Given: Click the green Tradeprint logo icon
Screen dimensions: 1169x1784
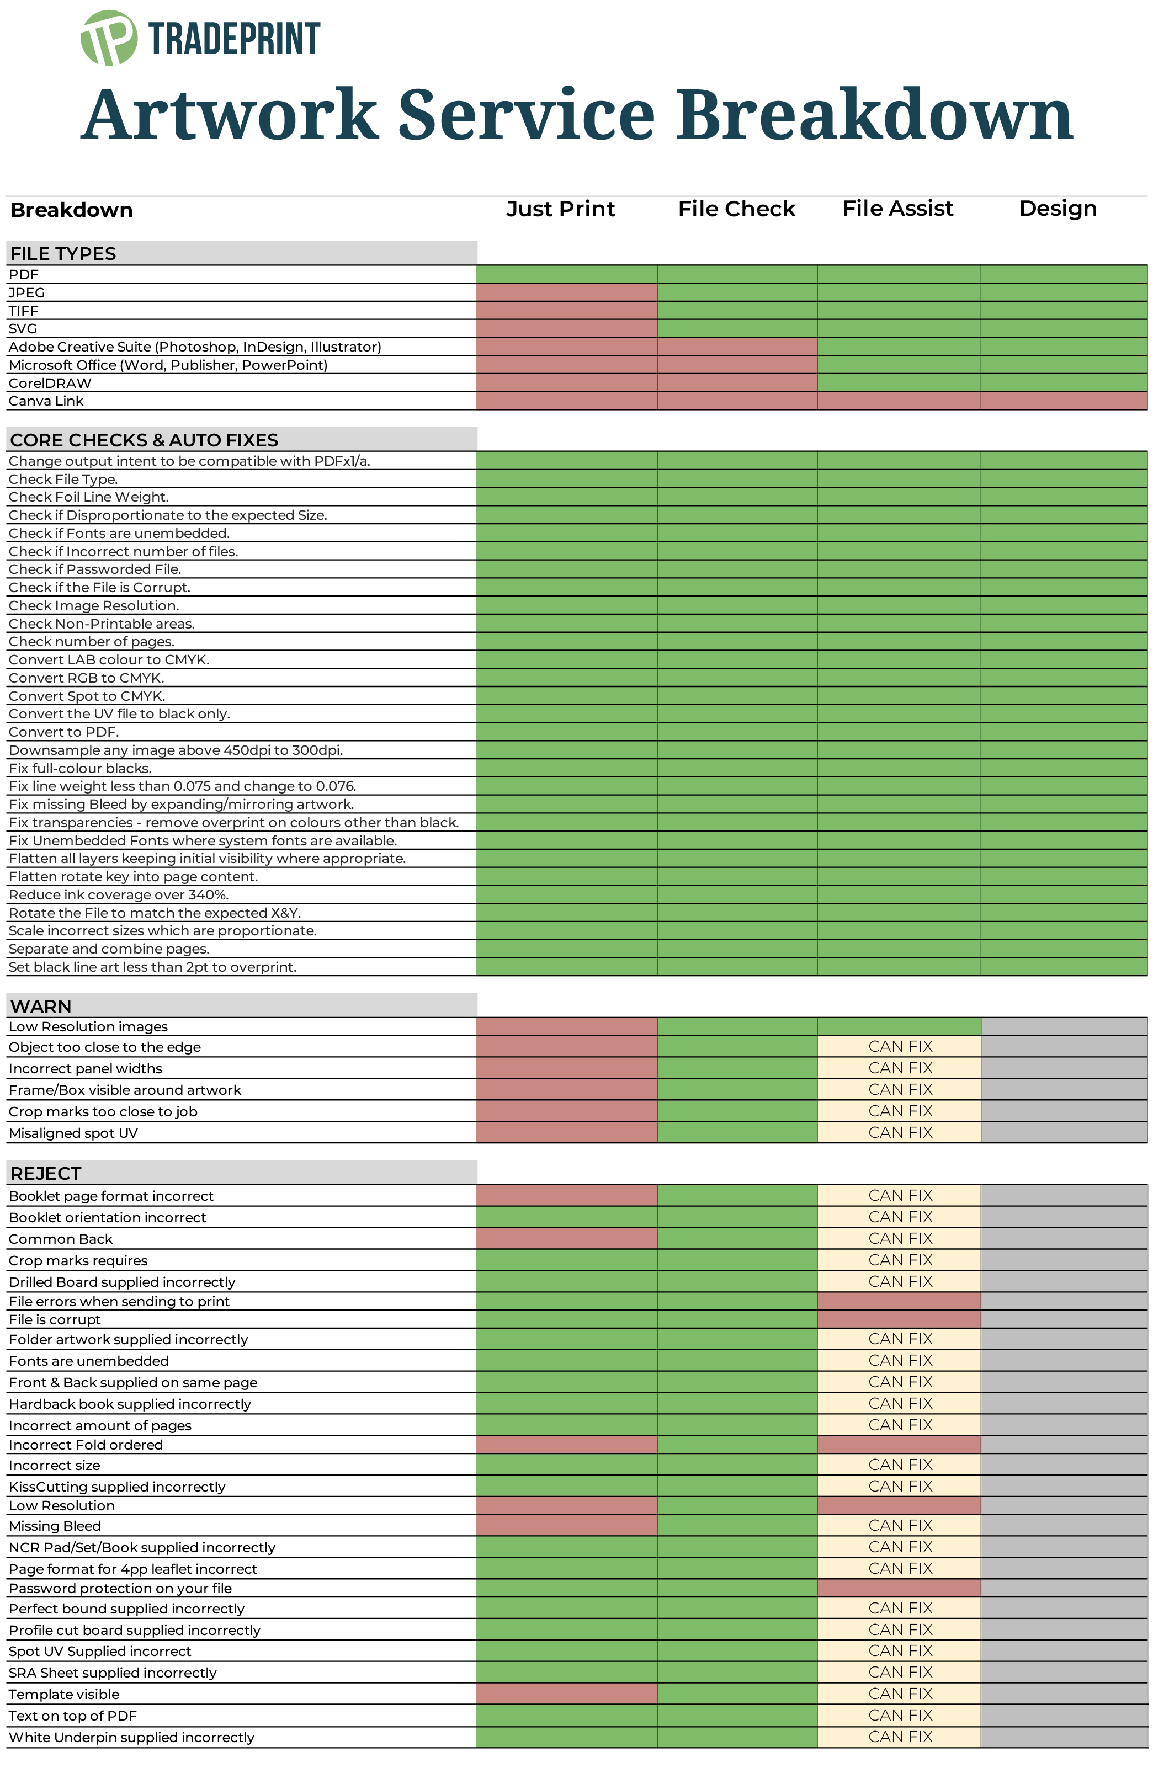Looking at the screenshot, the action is pyautogui.click(x=109, y=38).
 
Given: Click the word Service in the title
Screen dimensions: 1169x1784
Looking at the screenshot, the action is pyautogui.click(x=527, y=115).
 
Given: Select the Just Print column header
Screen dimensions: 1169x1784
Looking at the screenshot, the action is pyautogui.click(x=561, y=209).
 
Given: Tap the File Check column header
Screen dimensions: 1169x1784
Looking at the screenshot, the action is pyautogui.click(x=736, y=209).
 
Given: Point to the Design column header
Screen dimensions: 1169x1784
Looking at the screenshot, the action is pyautogui.click(x=1058, y=209).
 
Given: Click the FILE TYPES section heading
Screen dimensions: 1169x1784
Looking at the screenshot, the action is pyautogui.click(x=63, y=253).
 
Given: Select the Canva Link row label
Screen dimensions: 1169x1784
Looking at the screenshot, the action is pyautogui.click(x=46, y=401).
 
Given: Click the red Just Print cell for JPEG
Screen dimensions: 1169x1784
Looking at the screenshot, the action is pyautogui.click(x=567, y=292).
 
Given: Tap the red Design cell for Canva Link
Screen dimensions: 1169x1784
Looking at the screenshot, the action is pyautogui.click(x=1064, y=401).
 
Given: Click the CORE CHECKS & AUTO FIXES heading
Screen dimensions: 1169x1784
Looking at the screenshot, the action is pyautogui.click(x=144, y=440).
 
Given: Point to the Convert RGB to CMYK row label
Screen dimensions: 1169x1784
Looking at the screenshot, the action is pyautogui.click(x=86, y=678).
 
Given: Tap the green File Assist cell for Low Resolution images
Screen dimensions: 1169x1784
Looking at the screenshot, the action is pyautogui.click(x=899, y=1027).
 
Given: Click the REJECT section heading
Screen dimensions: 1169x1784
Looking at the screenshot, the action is pyautogui.click(x=46, y=1173).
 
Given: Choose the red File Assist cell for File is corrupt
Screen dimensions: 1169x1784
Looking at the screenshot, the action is pyautogui.click(x=899, y=1319).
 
